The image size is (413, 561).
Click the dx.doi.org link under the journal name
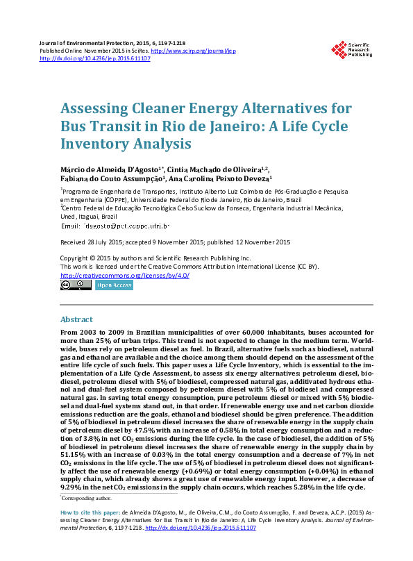pos(95,59)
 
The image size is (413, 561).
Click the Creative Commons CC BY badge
pos(74,285)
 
